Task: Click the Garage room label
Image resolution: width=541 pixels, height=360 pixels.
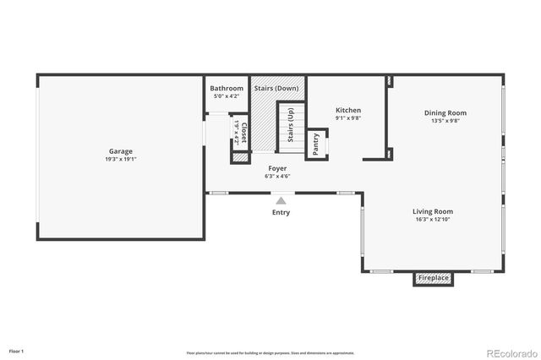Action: coord(120,151)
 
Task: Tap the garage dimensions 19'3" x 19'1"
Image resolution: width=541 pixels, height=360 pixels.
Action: coord(120,159)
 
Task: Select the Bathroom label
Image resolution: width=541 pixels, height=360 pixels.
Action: coord(227,88)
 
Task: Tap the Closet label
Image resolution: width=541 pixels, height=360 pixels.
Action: coord(244,133)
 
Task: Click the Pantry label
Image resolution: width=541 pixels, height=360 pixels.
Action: coord(315,145)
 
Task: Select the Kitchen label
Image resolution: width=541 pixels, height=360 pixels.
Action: coord(348,110)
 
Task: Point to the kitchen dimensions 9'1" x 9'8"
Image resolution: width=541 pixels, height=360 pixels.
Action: coord(348,118)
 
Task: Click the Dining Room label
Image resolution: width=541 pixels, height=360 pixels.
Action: coord(445,112)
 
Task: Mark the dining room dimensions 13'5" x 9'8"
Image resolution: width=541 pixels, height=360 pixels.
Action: coord(445,121)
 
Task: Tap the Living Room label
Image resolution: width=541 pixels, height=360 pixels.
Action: coord(433,211)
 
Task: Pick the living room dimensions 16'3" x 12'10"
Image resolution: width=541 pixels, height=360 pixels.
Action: coord(433,220)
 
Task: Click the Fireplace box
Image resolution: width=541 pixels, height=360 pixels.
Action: coord(434,278)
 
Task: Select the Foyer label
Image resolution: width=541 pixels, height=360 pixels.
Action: coord(277,168)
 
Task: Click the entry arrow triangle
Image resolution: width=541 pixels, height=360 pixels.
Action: coord(281,200)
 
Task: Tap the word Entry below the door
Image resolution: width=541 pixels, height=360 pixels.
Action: coord(281,212)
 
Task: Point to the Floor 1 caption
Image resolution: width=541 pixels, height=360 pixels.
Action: coord(16,350)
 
